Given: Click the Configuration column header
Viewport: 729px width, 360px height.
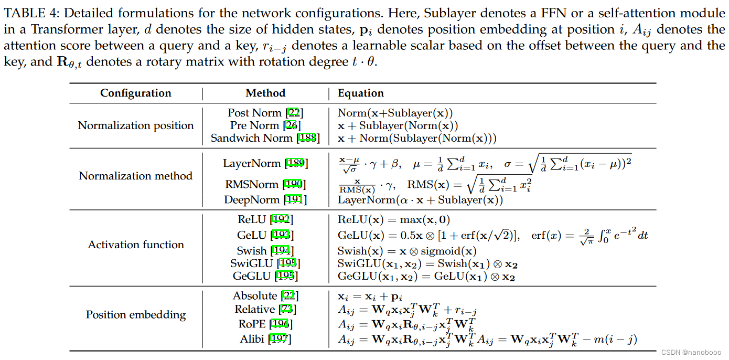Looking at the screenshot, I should click(x=135, y=93).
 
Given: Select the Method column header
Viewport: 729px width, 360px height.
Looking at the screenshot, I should click(x=265, y=93).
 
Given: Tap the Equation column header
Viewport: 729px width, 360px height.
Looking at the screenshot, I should click(x=360, y=93).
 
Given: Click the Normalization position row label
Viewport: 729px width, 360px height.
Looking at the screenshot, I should click(x=135, y=125).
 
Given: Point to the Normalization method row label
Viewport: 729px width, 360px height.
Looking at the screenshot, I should click(x=135, y=176).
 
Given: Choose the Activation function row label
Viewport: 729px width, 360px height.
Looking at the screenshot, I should click(x=135, y=245).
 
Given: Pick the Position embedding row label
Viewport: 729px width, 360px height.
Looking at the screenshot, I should click(x=135, y=315).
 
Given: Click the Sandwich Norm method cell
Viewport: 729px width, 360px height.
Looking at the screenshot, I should click(x=265, y=139).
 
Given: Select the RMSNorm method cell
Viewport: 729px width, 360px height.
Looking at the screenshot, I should click(x=265, y=184).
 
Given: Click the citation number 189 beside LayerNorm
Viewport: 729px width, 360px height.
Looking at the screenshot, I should click(x=296, y=164).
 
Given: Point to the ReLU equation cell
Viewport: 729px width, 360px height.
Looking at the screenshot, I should click(x=393, y=220).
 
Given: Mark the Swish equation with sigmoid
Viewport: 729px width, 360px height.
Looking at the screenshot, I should click(x=407, y=251).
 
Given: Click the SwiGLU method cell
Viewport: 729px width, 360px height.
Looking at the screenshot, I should click(x=265, y=263).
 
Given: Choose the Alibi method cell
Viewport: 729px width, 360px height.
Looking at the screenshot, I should click(x=265, y=339).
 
